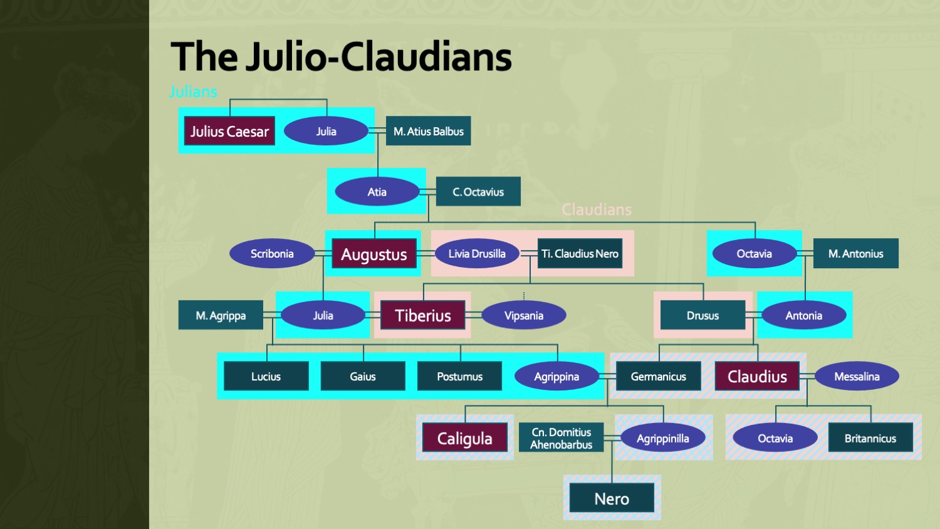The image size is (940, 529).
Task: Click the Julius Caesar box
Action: pyautogui.click(x=229, y=131)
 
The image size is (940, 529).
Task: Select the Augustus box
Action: pyautogui.click(x=374, y=254)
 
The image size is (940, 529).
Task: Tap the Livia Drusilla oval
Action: pyautogui.click(x=477, y=254)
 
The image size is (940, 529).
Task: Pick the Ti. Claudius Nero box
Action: pyautogui.click(x=580, y=254)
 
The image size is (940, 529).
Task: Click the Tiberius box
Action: pyautogui.click(x=423, y=315)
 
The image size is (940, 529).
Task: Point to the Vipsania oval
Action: pyautogui.click(x=524, y=315)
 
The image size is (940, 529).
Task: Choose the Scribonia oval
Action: pyautogui.click(x=272, y=254)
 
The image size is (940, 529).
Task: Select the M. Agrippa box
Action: pyautogui.click(x=221, y=315)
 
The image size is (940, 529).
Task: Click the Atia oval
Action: pyautogui.click(x=377, y=192)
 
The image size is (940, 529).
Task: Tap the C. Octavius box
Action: pyautogui.click(x=478, y=192)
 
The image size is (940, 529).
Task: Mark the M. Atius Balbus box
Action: pyautogui.click(x=429, y=131)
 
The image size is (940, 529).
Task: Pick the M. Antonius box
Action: pyautogui.click(x=855, y=254)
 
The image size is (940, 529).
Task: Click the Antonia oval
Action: pyautogui.click(x=804, y=315)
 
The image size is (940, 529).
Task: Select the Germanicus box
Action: pyautogui.click(x=658, y=376)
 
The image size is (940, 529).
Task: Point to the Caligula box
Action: pyautogui.click(x=464, y=438)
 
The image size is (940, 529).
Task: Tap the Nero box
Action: pyautogui.click(x=612, y=499)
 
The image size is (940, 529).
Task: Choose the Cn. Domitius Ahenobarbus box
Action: pyautogui.click(x=561, y=438)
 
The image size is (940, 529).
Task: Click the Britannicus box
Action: pyautogui.click(x=870, y=438)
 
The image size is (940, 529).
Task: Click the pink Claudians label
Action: pyautogui.click(x=597, y=209)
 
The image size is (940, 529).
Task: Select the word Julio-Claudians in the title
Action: pyautogui.click(x=379, y=56)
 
